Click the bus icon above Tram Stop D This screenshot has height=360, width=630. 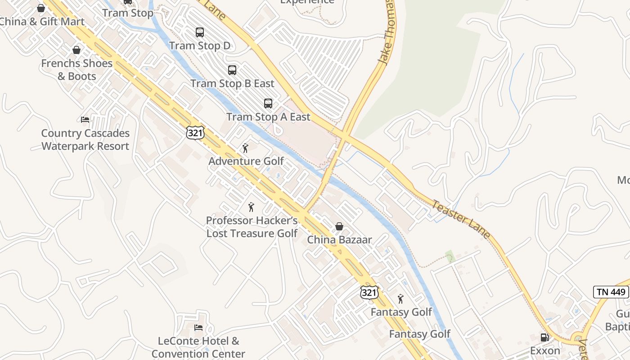[200, 32]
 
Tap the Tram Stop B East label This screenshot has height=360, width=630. [232, 84]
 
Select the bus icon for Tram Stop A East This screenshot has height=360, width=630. [268, 103]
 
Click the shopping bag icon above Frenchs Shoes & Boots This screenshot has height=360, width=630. [77, 50]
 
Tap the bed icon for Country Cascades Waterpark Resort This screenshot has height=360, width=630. [85, 120]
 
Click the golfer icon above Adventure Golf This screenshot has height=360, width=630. [245, 148]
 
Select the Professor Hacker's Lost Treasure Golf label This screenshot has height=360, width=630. [252, 227]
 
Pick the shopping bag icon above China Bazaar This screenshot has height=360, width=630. [339, 226]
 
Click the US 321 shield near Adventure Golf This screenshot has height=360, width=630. [195, 132]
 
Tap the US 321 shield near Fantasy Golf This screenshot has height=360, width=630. [369, 292]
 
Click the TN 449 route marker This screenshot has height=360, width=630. [611, 292]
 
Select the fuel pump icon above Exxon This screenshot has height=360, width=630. [544, 337]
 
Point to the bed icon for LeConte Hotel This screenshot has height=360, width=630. [198, 327]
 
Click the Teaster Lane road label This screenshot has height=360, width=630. [461, 219]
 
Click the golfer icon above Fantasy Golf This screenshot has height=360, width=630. [400, 299]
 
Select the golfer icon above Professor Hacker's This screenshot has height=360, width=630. [252, 207]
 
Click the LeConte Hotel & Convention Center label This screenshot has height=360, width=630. [198, 347]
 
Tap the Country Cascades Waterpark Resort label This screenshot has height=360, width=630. [85, 139]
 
